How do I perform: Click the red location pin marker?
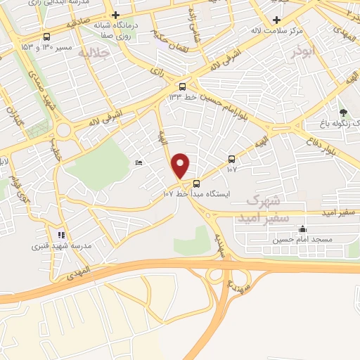(181, 165)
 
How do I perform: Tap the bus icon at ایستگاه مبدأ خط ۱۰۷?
(196, 184)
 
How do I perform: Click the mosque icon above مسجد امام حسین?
(302, 229)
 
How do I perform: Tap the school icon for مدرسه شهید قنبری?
(60, 235)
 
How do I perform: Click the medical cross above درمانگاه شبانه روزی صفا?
(116, 15)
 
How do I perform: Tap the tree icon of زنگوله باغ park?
(343, 112)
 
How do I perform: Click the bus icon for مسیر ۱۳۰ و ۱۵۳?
(46, 37)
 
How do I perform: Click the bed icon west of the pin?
(139, 162)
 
